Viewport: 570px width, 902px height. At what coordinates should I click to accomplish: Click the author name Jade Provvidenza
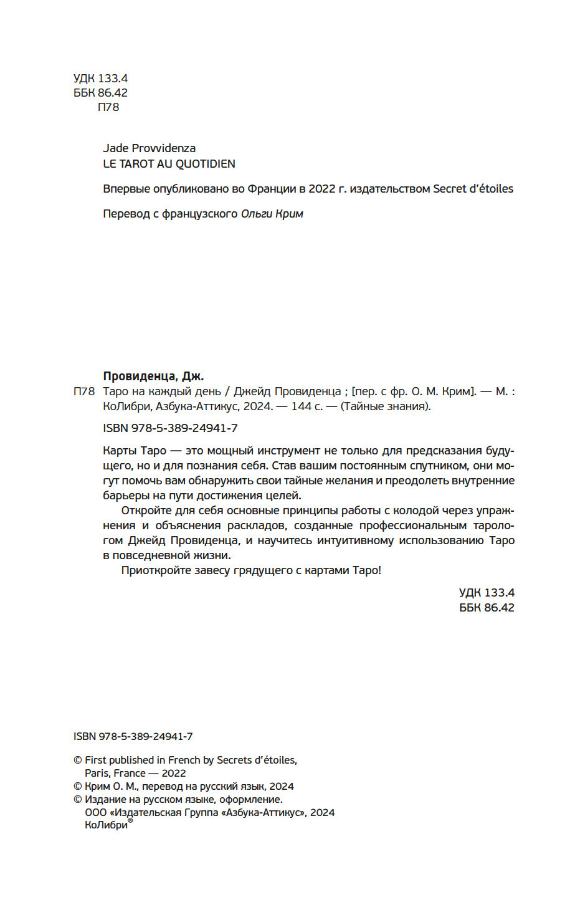click(149, 148)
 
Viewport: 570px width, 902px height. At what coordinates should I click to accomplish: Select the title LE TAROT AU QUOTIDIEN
click(169, 164)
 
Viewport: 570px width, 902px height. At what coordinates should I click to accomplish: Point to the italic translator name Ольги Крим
click(272, 214)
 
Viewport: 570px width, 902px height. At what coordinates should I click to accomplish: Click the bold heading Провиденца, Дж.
click(153, 377)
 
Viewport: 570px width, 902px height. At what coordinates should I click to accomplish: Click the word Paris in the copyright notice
click(98, 773)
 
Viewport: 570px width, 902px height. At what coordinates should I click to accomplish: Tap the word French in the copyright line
click(184, 760)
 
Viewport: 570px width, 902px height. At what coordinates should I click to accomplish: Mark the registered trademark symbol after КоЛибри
click(130, 821)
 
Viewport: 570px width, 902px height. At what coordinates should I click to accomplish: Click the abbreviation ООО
click(95, 812)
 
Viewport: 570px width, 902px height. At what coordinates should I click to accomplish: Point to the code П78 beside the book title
click(84, 392)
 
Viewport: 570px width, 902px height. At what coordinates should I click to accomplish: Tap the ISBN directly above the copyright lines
click(133, 736)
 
